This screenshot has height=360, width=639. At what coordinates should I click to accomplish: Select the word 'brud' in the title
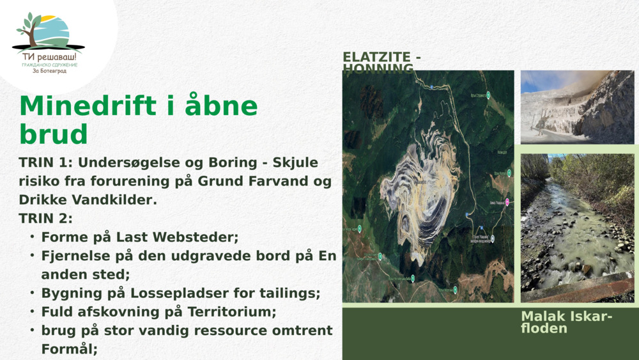tap(53, 134)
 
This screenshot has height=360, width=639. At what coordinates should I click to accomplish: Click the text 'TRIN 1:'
tap(45, 162)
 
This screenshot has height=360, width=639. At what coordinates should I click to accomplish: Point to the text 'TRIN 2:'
tap(45, 218)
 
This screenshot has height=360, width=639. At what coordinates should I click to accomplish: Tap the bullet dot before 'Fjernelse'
tap(32, 256)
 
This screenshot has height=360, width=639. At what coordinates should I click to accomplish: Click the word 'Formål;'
tap(69, 349)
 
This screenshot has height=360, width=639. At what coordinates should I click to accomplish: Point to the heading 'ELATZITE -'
tap(381, 57)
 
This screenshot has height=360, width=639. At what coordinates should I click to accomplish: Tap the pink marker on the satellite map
tap(507, 202)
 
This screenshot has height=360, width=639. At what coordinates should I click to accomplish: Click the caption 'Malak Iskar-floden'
tap(566, 322)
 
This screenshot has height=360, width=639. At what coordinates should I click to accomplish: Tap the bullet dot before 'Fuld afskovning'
tap(32, 311)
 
